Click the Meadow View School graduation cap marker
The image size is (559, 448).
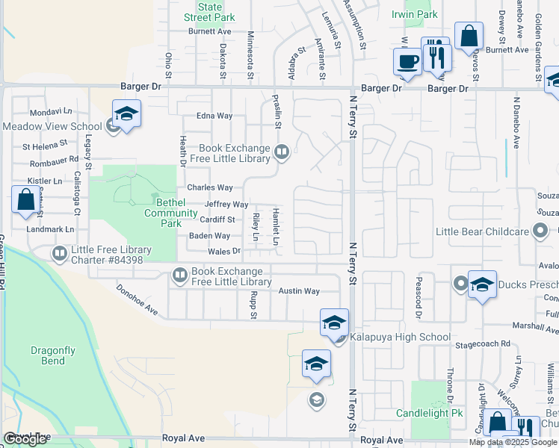pyautogui.click(x=127, y=114)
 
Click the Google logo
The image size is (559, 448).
pyautogui.click(x=25, y=439)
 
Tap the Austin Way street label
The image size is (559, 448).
pyautogui.click(x=299, y=291)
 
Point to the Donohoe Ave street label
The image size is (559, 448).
pyautogui.click(x=138, y=298)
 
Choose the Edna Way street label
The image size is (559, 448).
pyautogui.click(x=214, y=116)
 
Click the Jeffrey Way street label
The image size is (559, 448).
pyautogui.click(x=226, y=204)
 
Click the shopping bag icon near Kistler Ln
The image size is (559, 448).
pyautogui.click(x=26, y=200)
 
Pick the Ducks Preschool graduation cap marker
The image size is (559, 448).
pyautogui.click(x=483, y=284)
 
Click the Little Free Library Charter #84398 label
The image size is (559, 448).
pyautogui.click(x=111, y=255)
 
